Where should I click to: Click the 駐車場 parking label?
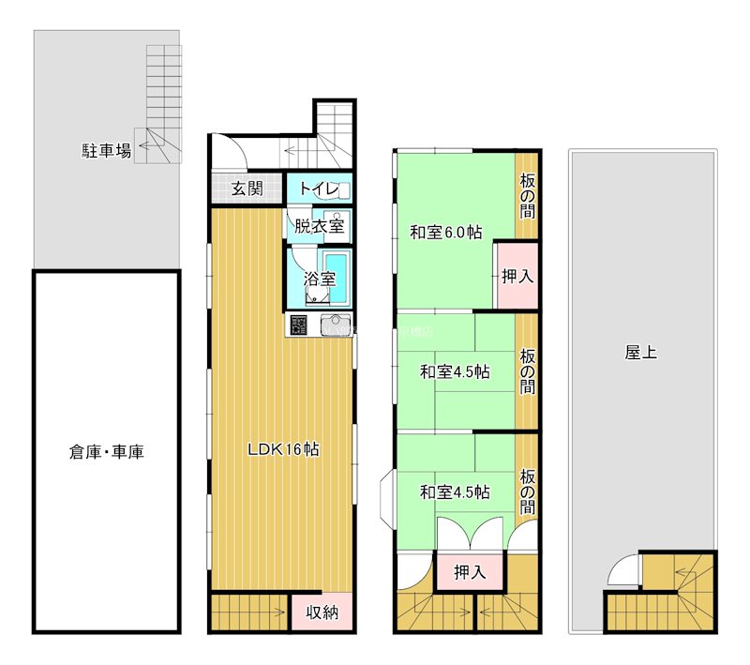pyautogui.click(x=106, y=149)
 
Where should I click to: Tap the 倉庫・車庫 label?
pyautogui.click(x=106, y=452)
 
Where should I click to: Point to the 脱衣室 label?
pyautogui.click(x=319, y=226)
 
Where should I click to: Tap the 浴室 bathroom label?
pyautogui.click(x=319, y=279)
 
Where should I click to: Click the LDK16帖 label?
pyautogui.click(x=283, y=449)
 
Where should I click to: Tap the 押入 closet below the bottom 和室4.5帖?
pyautogui.click(x=470, y=572)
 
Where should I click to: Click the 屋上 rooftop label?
pyautogui.click(x=640, y=354)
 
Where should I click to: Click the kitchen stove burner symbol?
pyautogui.click(x=299, y=326)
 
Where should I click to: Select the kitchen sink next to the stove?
pyautogui.click(x=335, y=326)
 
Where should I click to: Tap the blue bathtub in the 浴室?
pyautogui.click(x=336, y=278)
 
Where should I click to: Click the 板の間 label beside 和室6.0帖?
pyautogui.click(x=527, y=195)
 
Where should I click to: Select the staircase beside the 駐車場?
pyautogui.click(x=162, y=103)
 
